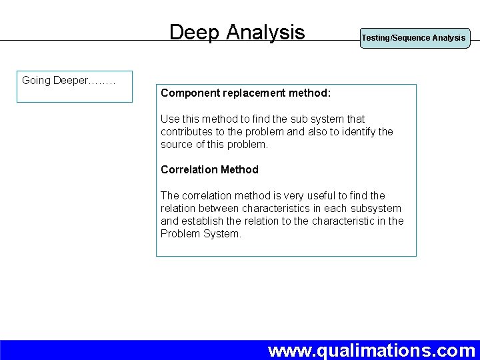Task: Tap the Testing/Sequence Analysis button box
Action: point(413,38)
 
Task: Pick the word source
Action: point(179,144)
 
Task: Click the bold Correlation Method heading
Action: point(209,169)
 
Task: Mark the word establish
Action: point(206,221)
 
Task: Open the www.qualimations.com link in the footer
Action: point(371,349)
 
